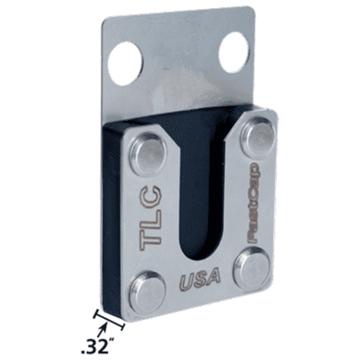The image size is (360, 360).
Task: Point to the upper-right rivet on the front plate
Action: point(258,132)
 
